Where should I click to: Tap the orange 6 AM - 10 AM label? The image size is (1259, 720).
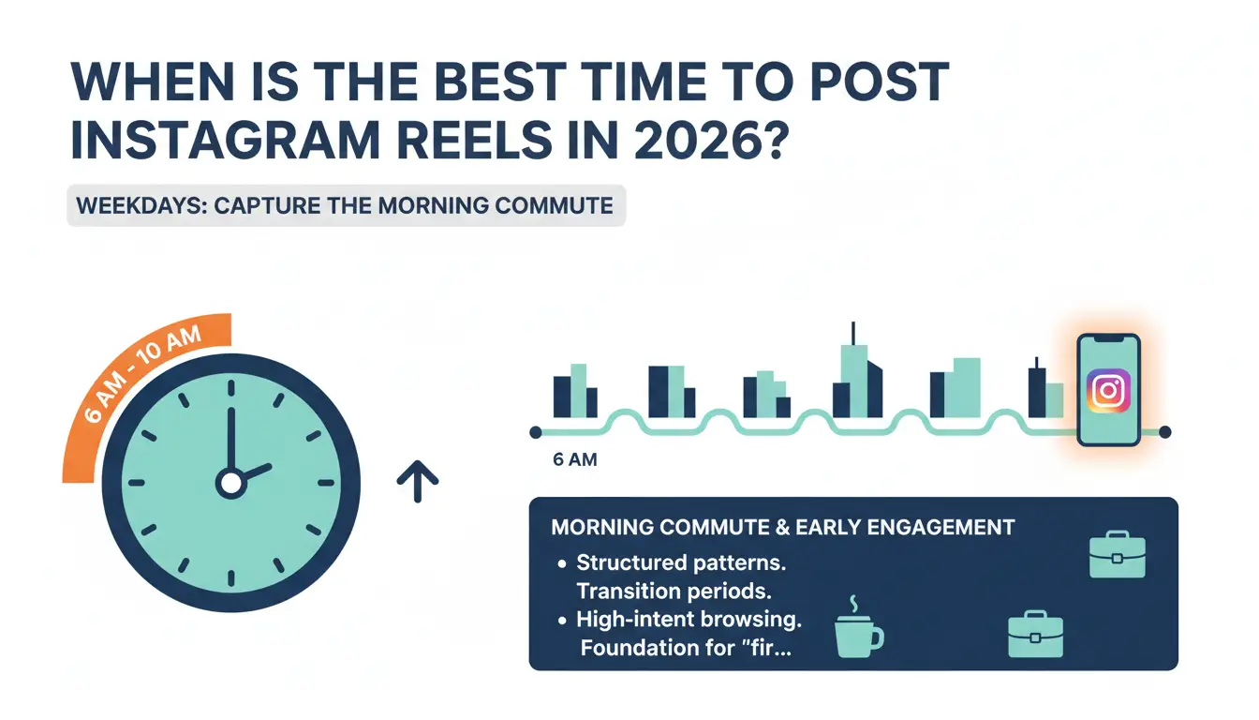click(141, 375)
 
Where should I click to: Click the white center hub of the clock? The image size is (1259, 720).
click(230, 483)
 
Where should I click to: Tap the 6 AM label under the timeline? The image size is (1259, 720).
click(575, 460)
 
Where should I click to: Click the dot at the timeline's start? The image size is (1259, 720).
click(535, 432)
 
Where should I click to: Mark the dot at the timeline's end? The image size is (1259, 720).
click(1164, 432)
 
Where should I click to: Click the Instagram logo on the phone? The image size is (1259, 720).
click(1107, 390)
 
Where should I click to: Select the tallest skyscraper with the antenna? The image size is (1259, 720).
click(855, 375)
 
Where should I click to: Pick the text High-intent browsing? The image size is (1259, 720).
click(689, 620)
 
